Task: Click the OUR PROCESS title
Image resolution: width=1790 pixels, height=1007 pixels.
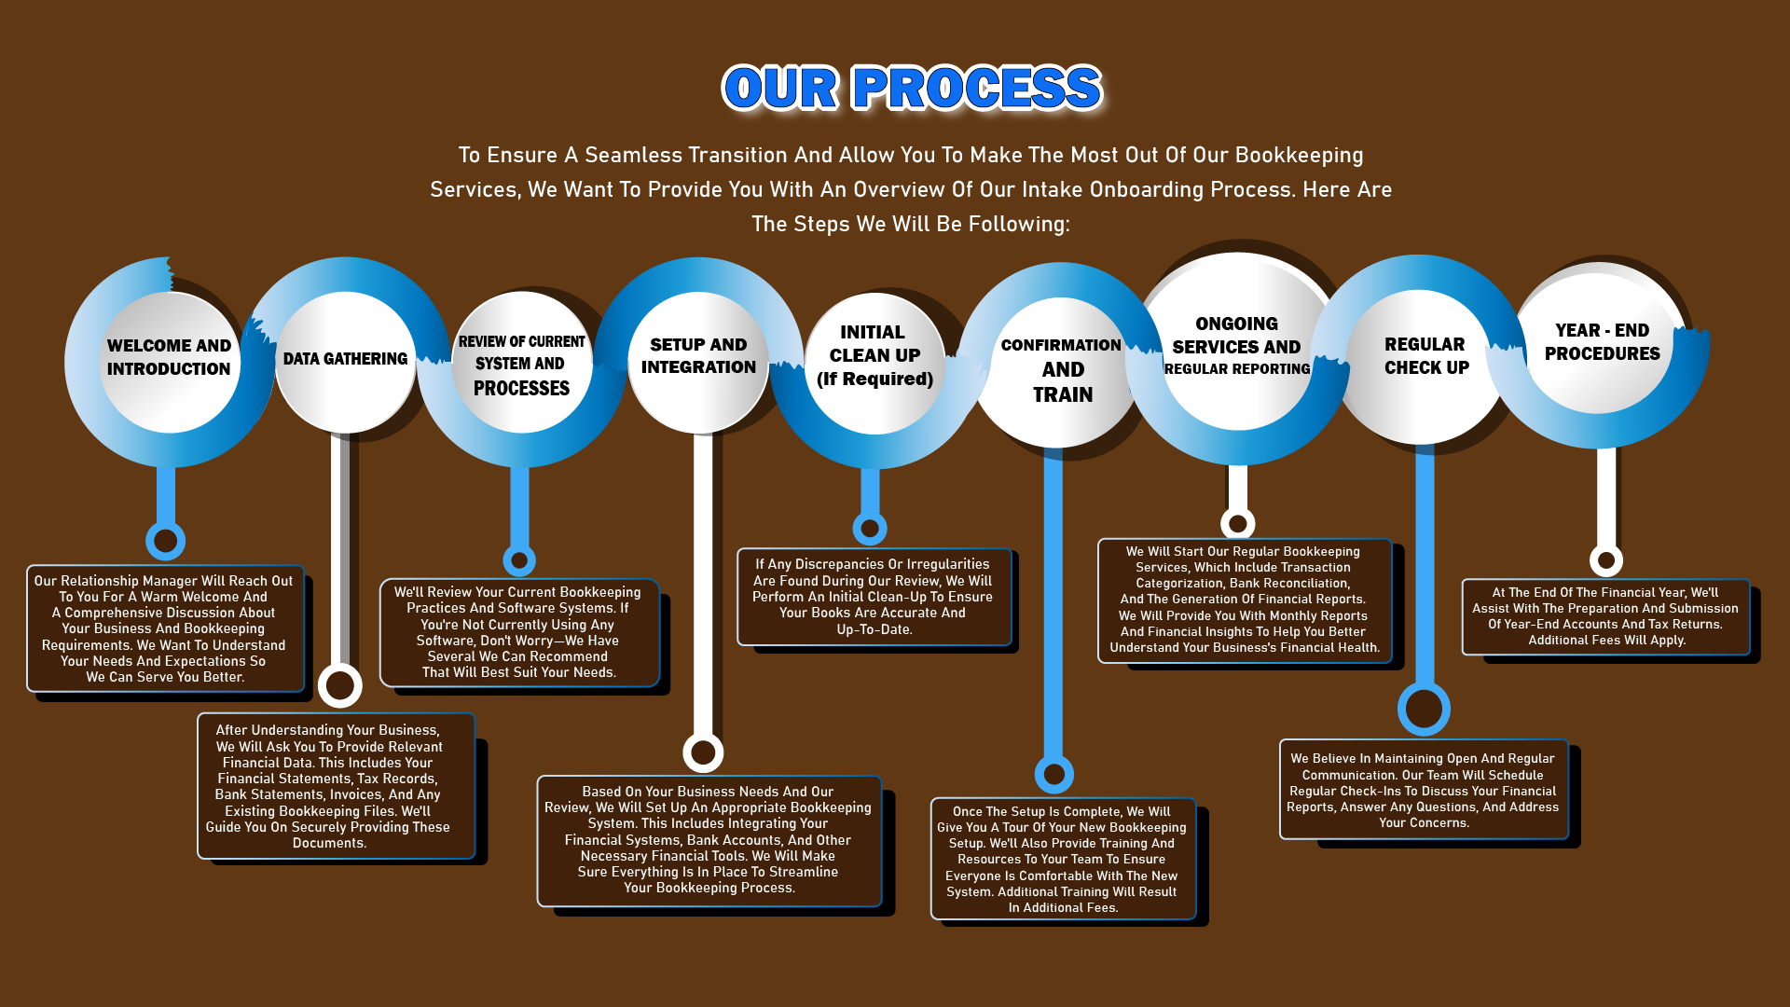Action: pyautogui.click(x=912, y=89)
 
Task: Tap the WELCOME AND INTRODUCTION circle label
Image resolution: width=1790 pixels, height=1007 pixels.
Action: pyautogui.click(x=169, y=357)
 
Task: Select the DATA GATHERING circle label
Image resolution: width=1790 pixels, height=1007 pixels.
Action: pyautogui.click(x=345, y=359)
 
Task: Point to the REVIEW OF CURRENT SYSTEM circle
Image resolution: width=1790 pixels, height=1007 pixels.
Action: pyautogui.click(x=521, y=364)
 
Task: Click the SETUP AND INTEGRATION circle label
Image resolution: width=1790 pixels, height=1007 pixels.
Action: pyautogui.click(x=698, y=356)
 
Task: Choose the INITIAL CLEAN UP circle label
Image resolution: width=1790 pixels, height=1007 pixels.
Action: pyautogui.click(x=874, y=355)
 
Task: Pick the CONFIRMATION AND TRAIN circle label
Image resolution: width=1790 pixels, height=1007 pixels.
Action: pyautogui.click(x=1062, y=370)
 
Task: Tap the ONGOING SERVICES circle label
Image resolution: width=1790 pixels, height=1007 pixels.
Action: pyautogui.click(x=1237, y=346)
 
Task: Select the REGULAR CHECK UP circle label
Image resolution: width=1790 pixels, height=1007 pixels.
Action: pyautogui.click(x=1425, y=356)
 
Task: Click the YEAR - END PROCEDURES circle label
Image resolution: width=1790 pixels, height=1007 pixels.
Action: pyautogui.click(x=1602, y=342)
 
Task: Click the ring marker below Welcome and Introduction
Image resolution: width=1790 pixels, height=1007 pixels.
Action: pyautogui.click(x=166, y=540)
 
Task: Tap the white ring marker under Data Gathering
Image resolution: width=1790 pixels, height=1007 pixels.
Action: pyautogui.click(x=340, y=685)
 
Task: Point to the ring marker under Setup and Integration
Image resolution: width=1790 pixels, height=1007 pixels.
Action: pyautogui.click(x=703, y=752)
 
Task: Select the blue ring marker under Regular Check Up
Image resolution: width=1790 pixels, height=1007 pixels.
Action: pyautogui.click(x=1424, y=709)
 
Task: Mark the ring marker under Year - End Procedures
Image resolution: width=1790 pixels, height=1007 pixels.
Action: pyautogui.click(x=1605, y=560)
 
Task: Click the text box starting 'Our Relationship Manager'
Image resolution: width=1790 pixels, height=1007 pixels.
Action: pyautogui.click(x=165, y=628)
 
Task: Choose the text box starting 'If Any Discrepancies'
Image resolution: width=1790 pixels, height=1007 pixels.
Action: pyautogui.click(x=874, y=597)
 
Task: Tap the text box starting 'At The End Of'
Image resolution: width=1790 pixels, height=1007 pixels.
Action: pyautogui.click(x=1605, y=616)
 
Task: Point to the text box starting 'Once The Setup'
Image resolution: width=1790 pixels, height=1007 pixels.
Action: pyautogui.click(x=1063, y=859)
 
